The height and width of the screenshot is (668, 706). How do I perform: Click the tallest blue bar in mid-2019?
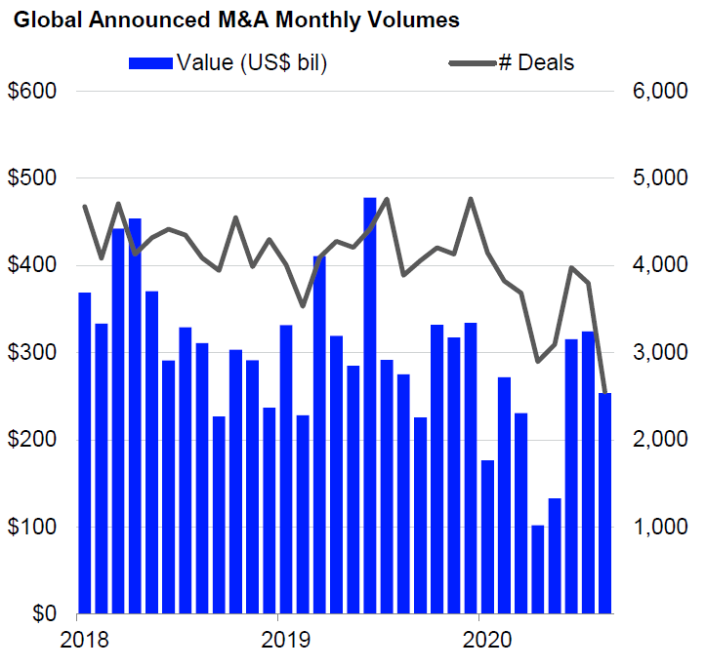tap(370, 406)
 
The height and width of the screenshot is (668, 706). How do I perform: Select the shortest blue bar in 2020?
tap(538, 570)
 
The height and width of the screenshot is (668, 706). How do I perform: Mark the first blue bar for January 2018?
tap(85, 453)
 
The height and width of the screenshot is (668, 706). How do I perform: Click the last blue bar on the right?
tap(605, 503)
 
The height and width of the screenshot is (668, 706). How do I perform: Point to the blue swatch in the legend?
tap(151, 63)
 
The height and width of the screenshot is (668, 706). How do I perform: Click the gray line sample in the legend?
tap(472, 63)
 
